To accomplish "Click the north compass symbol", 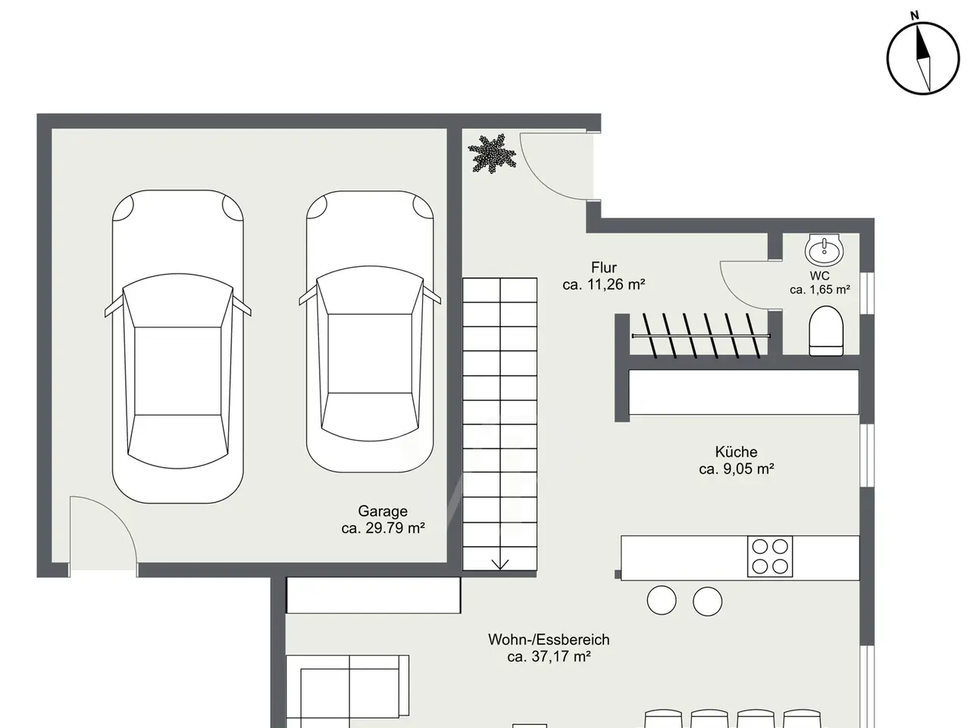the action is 923,58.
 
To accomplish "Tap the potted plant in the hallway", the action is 492,153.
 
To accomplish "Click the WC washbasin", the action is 824,249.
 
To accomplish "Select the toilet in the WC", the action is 826,331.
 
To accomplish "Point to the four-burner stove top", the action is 770,557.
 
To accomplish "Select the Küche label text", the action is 737,452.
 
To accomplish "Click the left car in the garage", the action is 177,347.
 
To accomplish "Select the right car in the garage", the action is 370,331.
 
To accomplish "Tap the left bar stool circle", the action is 662,601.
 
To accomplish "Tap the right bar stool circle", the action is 708,601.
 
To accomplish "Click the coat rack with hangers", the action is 701,336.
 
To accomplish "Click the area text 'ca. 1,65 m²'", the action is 820,290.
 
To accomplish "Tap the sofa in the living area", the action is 347,692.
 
